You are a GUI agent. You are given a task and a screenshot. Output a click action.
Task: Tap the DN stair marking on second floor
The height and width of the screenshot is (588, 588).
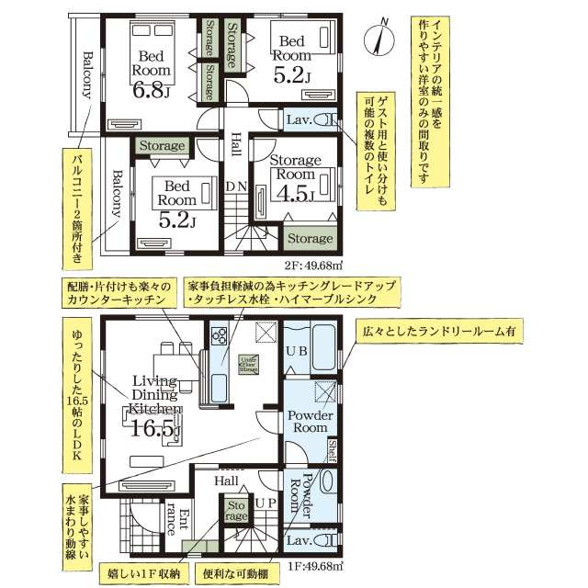[x=237, y=185]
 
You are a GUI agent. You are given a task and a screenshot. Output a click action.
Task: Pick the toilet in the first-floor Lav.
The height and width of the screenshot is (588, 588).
[x=326, y=540]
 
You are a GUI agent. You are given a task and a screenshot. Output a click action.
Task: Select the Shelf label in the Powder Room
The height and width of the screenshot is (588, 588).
[x=333, y=451]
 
